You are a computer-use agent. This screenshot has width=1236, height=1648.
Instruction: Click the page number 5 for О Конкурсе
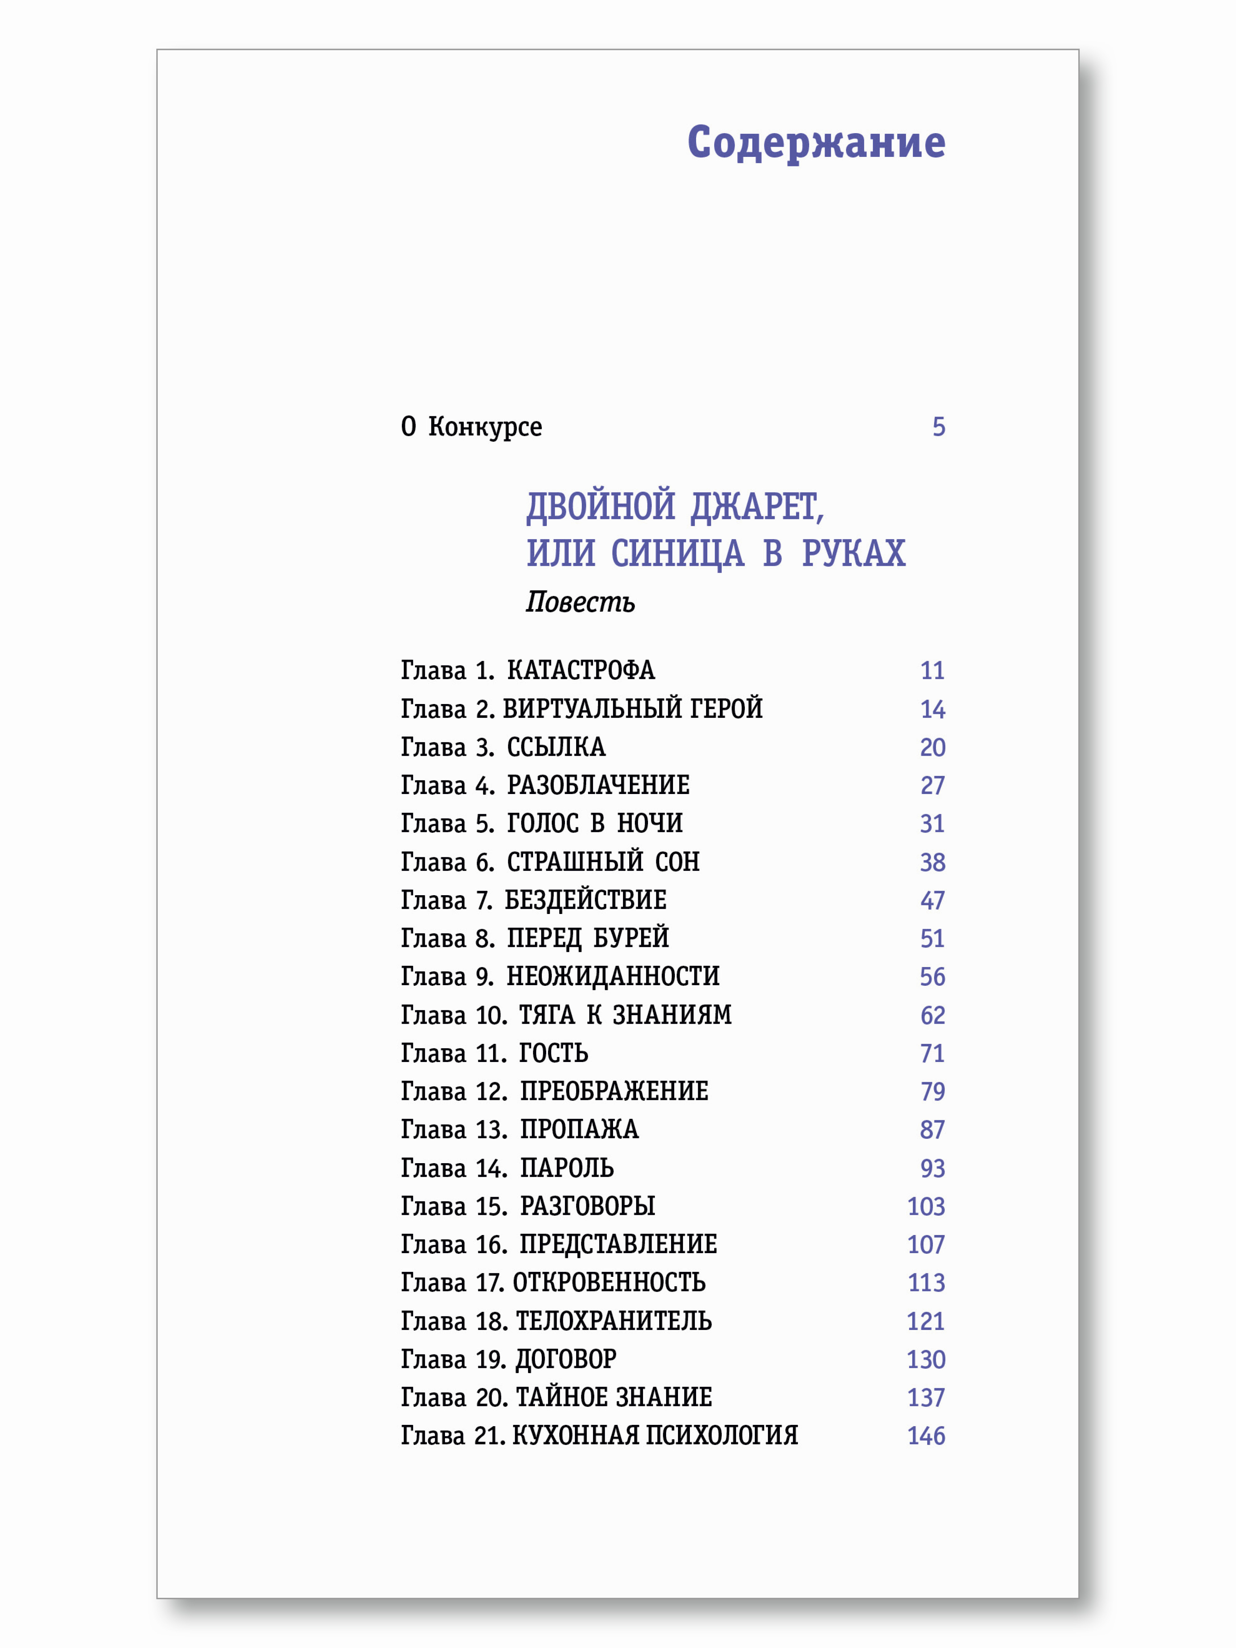click(x=938, y=427)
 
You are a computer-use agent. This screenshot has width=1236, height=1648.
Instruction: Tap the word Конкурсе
click(x=485, y=427)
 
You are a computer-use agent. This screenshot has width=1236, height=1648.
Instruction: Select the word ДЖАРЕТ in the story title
click(x=756, y=507)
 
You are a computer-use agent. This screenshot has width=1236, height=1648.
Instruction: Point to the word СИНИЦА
click(x=677, y=553)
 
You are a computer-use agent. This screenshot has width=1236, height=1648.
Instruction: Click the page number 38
click(x=932, y=862)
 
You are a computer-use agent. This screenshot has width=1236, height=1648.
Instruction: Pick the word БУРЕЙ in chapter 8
click(x=630, y=938)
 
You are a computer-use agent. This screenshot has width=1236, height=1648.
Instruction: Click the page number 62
click(x=932, y=1015)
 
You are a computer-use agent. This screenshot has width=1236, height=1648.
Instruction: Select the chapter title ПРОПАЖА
click(x=579, y=1130)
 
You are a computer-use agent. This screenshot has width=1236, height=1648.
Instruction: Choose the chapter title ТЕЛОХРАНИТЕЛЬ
click(x=613, y=1321)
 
